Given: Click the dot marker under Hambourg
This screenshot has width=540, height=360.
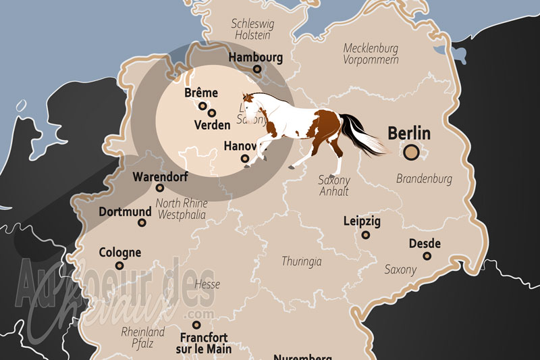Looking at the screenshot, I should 257,69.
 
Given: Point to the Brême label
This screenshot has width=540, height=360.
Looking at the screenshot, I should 200,93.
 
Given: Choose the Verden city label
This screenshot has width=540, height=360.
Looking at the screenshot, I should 211,125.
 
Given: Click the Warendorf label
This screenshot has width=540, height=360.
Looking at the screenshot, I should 160,176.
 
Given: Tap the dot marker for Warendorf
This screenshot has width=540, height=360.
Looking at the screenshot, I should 160,188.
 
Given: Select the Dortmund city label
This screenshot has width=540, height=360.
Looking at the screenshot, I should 125,211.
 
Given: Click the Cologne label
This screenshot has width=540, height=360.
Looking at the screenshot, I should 119,253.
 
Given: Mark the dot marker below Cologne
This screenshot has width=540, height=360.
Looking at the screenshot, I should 119,265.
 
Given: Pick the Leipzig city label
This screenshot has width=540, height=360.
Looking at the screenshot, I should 362,222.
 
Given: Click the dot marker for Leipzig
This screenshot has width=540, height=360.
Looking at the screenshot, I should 366,235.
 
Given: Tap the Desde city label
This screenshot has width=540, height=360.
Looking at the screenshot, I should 425,244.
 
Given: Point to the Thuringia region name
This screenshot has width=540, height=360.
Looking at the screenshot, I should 302,261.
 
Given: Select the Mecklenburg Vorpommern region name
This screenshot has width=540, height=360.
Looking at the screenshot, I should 371,53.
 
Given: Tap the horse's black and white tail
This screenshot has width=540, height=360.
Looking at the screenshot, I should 364,135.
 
